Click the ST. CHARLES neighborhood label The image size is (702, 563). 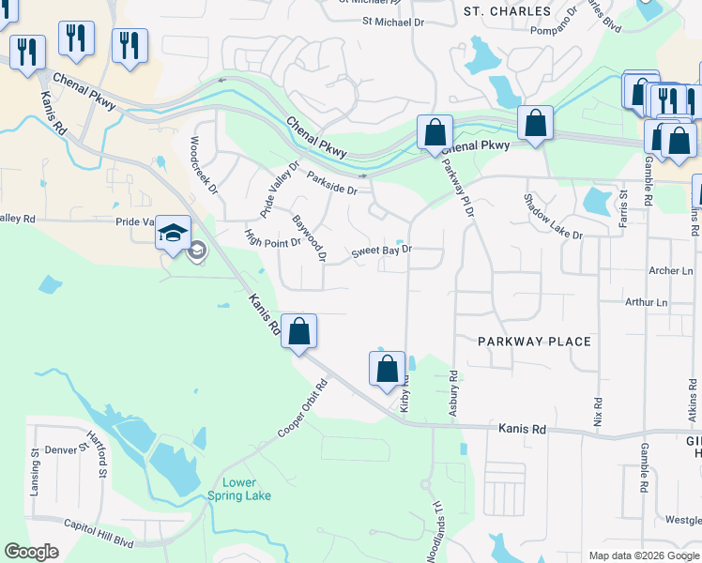(508, 11)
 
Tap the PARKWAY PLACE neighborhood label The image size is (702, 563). (535, 342)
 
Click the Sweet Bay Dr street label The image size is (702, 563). (382, 251)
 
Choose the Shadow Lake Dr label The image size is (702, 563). (553, 217)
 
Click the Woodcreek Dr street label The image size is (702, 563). (204, 165)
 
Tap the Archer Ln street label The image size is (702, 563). (670, 270)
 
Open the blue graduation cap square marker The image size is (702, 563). (174, 232)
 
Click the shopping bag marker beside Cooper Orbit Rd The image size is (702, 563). (298, 331)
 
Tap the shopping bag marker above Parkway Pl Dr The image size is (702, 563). (435, 132)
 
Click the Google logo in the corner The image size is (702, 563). (31, 552)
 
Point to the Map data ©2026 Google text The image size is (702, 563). (644, 555)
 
